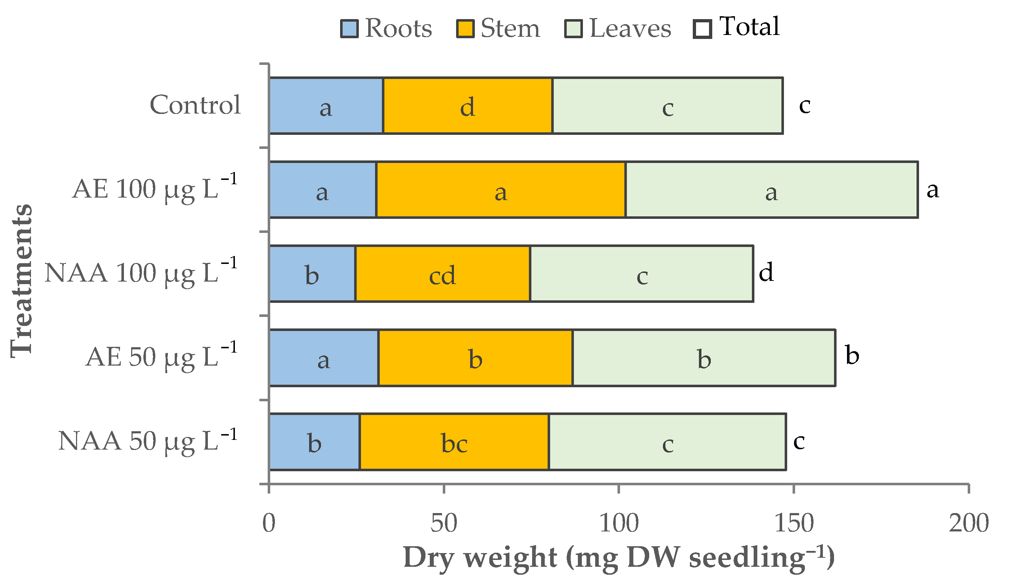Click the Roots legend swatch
(x=349, y=29)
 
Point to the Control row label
(x=195, y=105)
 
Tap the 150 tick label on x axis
(x=794, y=523)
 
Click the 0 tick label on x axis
(x=269, y=523)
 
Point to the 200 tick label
(x=968, y=523)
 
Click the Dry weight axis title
(x=618, y=557)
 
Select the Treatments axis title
(x=21, y=280)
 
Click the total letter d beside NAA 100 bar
(x=766, y=272)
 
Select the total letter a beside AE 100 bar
(x=932, y=190)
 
